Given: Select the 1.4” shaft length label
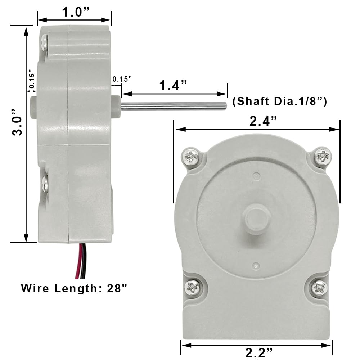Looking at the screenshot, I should click(x=174, y=86).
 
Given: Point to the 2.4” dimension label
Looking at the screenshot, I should click(x=264, y=121).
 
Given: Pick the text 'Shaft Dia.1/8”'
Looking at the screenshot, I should click(x=280, y=102).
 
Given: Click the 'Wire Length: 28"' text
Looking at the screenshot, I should click(x=74, y=288).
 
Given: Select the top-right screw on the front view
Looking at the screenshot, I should click(x=322, y=157).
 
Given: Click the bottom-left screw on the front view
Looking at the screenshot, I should click(x=192, y=287).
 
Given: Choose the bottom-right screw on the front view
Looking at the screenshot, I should click(x=319, y=288).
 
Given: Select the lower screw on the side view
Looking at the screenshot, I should click(x=45, y=184).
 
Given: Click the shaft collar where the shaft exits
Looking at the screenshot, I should click(x=116, y=107).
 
